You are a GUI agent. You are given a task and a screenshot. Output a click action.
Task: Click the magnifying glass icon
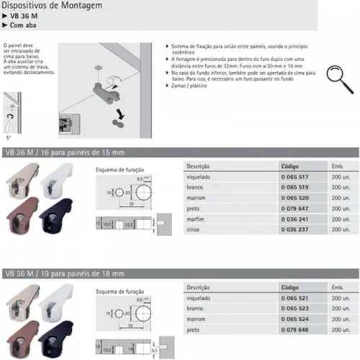coord(335,74)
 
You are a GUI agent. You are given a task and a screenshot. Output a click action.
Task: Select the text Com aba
coord(24,25)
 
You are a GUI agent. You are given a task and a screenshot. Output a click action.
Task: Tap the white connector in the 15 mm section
coord(63,181)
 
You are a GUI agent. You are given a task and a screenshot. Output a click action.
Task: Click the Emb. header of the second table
coord(339,287)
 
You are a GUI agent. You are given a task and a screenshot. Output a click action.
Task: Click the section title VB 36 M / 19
coord(64,274)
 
